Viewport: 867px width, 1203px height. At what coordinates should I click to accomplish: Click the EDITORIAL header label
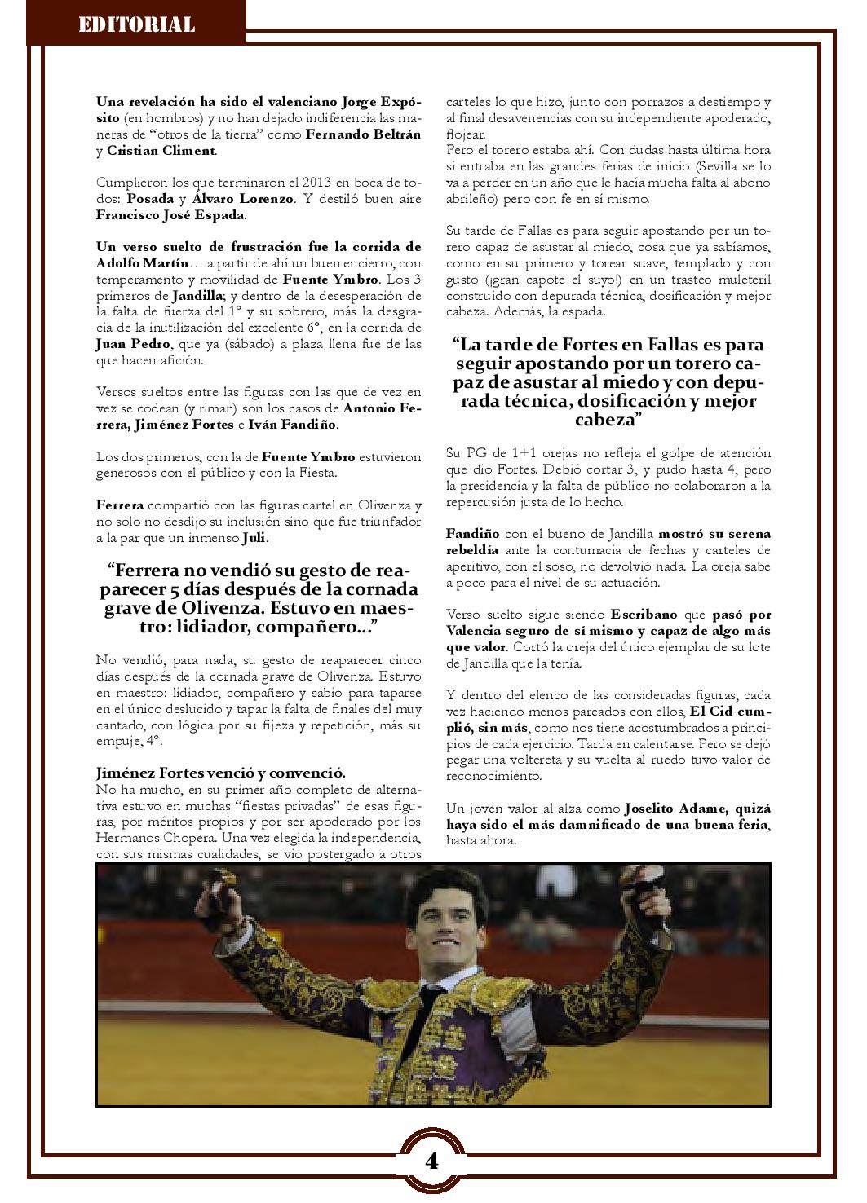pyautogui.click(x=136, y=24)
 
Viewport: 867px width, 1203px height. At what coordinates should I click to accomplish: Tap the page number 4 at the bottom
pyautogui.click(x=431, y=1161)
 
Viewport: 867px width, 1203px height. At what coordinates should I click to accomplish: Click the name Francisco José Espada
pyautogui.click(x=170, y=215)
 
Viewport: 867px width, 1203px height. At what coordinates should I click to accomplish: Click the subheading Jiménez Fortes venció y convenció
pyautogui.click(x=220, y=773)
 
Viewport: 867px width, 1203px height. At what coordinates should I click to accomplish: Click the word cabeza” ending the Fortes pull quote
pyautogui.click(x=608, y=419)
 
